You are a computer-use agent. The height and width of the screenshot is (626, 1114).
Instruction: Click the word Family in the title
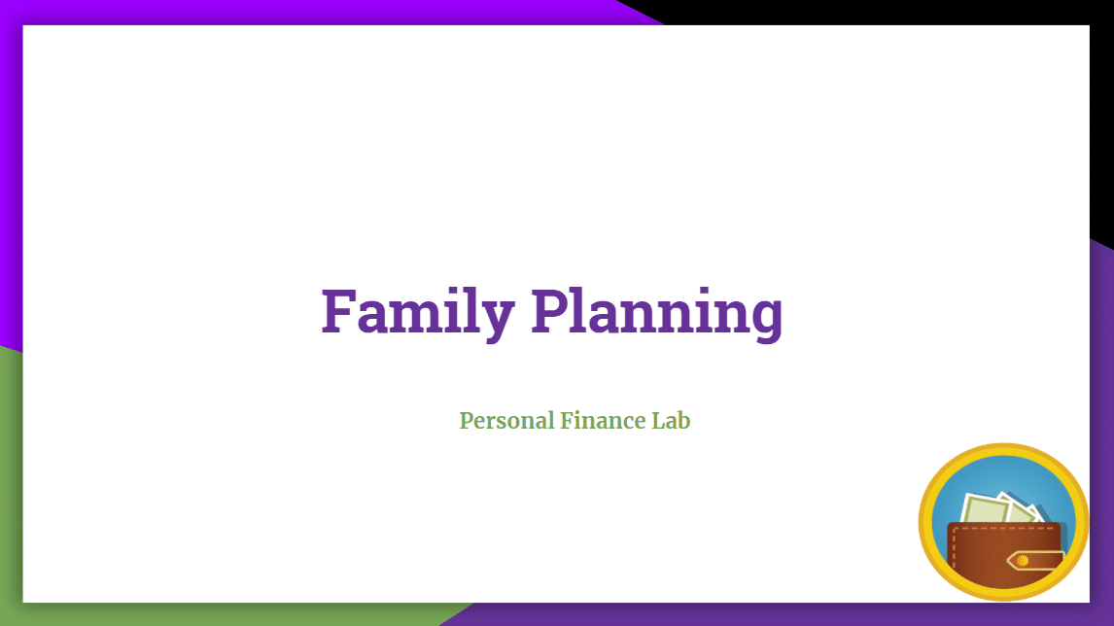(418, 312)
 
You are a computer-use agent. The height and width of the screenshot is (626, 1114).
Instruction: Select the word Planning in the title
(657, 312)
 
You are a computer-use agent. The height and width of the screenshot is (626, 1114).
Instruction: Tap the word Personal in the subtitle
(506, 421)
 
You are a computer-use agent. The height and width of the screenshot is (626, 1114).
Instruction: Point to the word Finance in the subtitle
(604, 421)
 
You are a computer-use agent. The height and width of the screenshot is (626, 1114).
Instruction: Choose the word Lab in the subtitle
(672, 421)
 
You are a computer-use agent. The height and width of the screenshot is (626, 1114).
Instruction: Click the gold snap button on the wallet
(1023, 561)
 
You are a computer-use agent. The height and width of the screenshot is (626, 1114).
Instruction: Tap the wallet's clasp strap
(1036, 561)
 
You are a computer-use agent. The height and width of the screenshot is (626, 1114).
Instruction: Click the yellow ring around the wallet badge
(925, 522)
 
